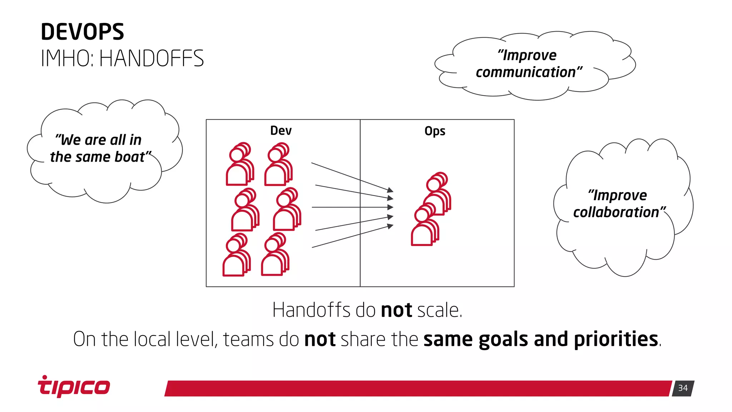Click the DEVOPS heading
coord(82,32)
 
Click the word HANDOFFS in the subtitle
coord(152,59)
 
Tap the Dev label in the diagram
coord(281,131)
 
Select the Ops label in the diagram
coord(435,131)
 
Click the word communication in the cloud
coord(525,73)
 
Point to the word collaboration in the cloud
coord(616,212)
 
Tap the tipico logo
coord(74,387)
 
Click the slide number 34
coord(683,388)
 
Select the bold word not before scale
coord(396,310)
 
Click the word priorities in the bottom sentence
coord(616,339)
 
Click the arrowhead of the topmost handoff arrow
coord(390,190)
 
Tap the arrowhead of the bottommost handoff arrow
coord(390,226)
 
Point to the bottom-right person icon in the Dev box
coord(275,254)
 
